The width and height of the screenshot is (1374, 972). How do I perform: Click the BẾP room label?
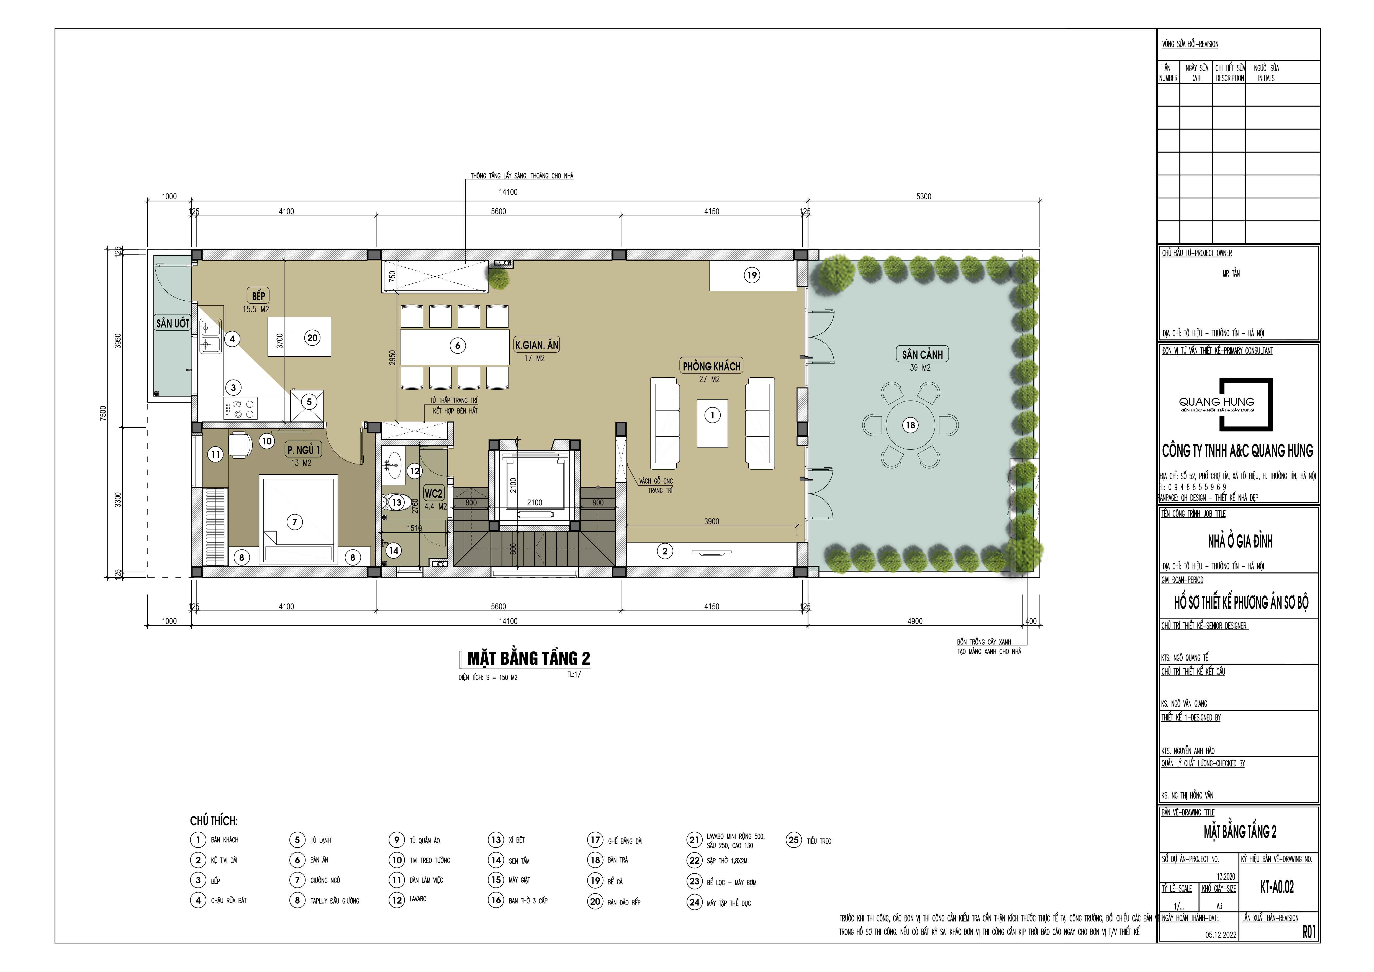[258, 296]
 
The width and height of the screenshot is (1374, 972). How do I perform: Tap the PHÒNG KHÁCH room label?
[712, 366]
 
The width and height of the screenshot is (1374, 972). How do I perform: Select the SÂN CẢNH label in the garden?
[922, 354]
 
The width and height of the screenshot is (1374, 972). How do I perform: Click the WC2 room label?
[433, 494]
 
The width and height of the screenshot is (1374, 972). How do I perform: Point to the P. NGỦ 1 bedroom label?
[303, 449]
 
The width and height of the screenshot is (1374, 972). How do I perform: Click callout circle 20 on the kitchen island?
[312, 337]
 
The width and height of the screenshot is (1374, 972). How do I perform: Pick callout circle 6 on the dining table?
[458, 345]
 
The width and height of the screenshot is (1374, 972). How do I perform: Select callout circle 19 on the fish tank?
[752, 275]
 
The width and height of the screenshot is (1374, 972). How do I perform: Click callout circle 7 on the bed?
[294, 522]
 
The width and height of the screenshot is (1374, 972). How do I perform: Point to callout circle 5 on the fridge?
[309, 401]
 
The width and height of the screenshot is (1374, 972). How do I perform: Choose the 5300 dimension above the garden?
[923, 196]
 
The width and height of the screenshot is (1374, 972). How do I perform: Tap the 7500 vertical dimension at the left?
[103, 413]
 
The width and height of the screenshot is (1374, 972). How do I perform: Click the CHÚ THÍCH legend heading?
[214, 820]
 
